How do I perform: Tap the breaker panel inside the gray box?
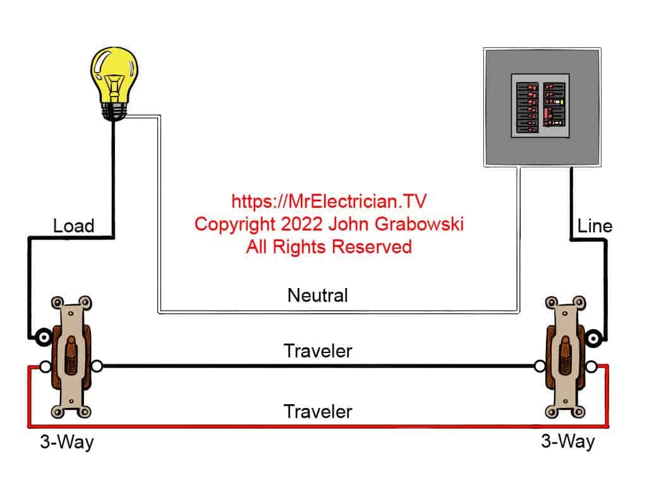coord(541,106)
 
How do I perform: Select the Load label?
coord(73,225)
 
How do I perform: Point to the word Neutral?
coord(317,295)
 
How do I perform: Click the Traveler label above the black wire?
coord(318,351)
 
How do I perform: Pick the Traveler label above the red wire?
coord(318,412)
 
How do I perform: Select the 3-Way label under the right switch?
coord(567,441)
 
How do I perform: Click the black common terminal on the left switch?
coord(44,337)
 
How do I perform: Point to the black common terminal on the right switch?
coord(593,338)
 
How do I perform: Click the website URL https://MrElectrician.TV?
coord(329,202)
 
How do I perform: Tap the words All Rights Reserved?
coord(329,246)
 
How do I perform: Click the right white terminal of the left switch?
coord(97,366)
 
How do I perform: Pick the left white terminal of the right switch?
coord(540,366)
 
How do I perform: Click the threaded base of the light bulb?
coord(114,111)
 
